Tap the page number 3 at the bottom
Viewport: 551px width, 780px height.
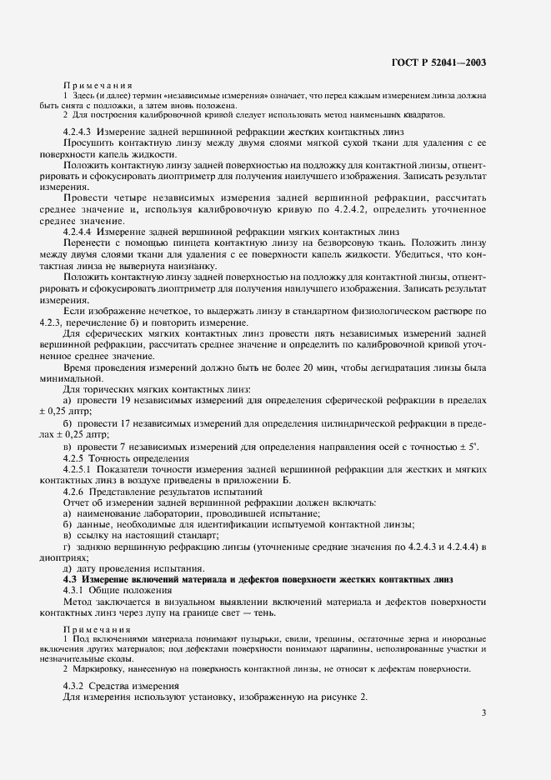tap(484, 712)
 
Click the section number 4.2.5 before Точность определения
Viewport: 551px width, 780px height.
tap(76, 458)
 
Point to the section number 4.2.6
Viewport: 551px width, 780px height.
tap(76, 491)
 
